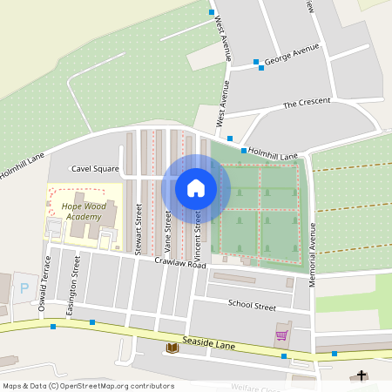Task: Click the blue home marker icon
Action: point(196,187)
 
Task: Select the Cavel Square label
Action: point(95,168)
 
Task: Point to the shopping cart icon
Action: point(281,335)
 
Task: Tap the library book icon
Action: point(172,348)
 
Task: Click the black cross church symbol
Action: point(362,375)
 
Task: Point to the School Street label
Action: point(252,306)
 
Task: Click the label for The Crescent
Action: point(307,103)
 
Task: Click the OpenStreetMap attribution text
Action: point(88,386)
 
